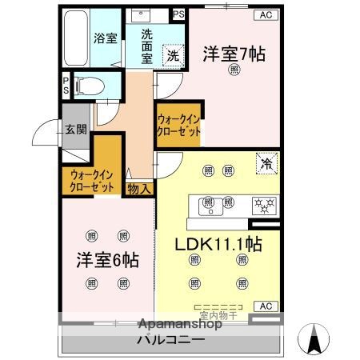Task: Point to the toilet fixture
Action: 90,83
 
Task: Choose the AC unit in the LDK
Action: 264,306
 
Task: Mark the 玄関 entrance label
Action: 76,130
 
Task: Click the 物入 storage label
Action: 138,189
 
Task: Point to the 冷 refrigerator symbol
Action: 265,164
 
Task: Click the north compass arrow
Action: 313,339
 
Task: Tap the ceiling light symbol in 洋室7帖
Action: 234,70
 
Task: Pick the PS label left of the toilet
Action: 66,84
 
